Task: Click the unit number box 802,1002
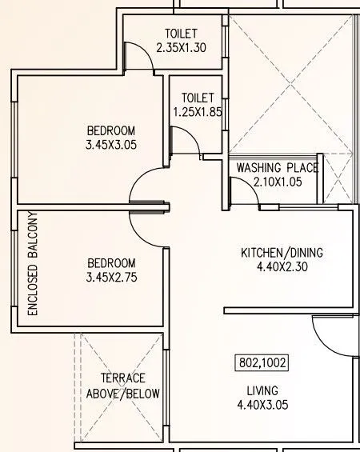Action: click(261, 362)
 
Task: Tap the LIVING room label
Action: click(262, 390)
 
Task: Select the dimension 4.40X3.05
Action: click(262, 405)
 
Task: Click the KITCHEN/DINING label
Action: click(282, 253)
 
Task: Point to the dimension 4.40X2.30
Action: click(282, 268)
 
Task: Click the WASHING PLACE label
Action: click(276, 168)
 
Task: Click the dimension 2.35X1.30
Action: click(182, 48)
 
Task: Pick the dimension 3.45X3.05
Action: click(110, 146)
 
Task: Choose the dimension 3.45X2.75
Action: click(110, 278)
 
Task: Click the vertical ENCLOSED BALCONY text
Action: click(33, 264)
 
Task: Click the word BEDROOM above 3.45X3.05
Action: click(110, 130)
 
